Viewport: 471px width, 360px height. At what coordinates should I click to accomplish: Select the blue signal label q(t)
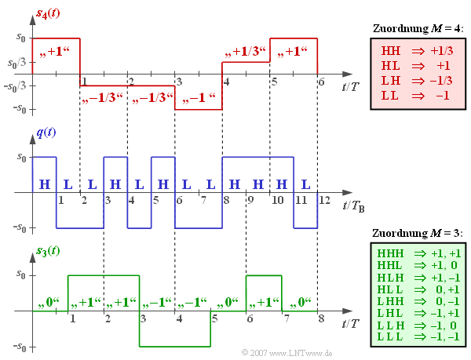point(46,133)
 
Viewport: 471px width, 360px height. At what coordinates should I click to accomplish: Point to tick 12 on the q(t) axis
point(321,200)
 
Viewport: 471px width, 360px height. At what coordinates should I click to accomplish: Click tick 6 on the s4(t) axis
point(320,82)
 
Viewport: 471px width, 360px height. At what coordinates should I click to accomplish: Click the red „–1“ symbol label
point(199,100)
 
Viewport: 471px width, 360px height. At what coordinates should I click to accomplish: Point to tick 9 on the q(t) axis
point(250,200)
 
